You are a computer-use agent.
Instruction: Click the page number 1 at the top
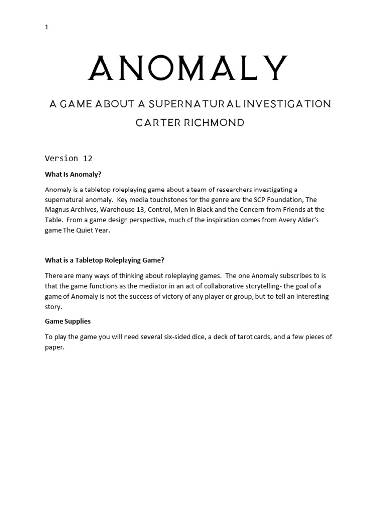[x=47, y=27]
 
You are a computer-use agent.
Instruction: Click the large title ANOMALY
[x=189, y=68]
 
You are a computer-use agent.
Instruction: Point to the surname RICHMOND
[x=215, y=122]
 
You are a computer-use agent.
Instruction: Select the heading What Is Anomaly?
[x=73, y=174]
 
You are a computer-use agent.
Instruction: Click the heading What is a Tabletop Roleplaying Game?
[x=104, y=260]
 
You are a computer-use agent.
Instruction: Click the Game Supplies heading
[x=68, y=321]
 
